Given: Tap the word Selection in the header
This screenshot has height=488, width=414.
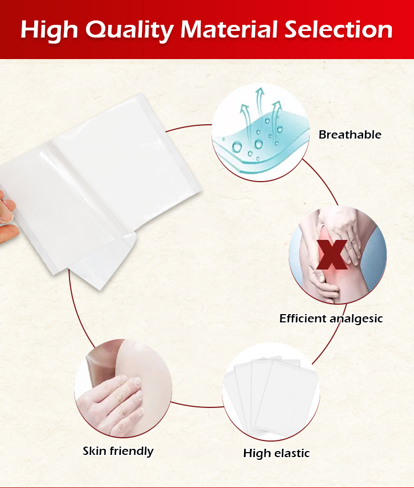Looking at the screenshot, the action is pyautogui.click(x=338, y=29).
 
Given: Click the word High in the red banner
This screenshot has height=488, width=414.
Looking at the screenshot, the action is pyautogui.click(x=49, y=31).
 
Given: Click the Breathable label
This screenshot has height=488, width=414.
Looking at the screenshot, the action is pyautogui.click(x=350, y=135).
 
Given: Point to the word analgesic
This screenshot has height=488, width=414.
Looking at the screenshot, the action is pyautogui.click(x=356, y=319).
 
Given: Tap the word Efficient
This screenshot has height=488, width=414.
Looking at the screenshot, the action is pyautogui.click(x=302, y=318).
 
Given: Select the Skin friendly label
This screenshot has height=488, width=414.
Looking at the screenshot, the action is pyautogui.click(x=118, y=451).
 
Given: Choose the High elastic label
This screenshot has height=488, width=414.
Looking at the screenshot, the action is pyautogui.click(x=277, y=453).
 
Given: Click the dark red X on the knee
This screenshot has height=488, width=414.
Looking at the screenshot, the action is pyautogui.click(x=332, y=254).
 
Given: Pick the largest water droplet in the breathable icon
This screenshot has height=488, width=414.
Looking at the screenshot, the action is pyautogui.click(x=237, y=146).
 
